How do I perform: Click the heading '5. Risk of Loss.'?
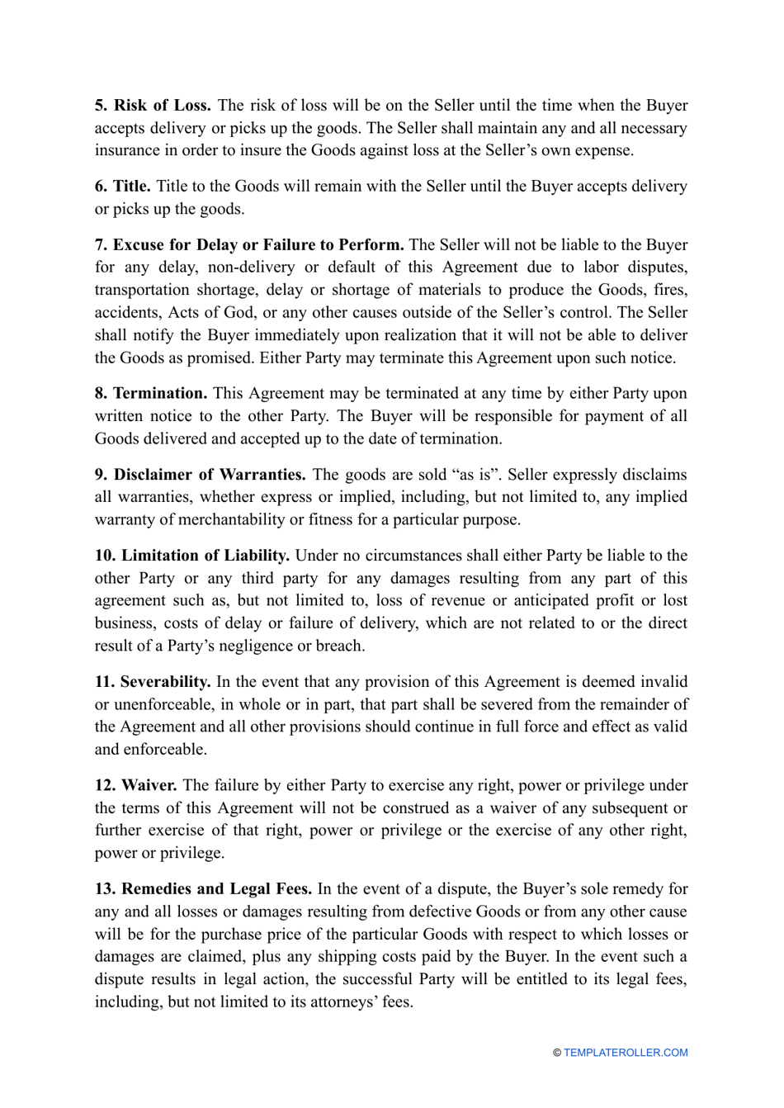pos(153,106)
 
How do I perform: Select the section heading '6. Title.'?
pos(122,187)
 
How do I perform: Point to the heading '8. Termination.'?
pos(151,394)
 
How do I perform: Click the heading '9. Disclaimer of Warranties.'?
pos(200,475)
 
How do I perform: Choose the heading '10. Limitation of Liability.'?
pos(191,556)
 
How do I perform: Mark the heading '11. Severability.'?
pos(153,682)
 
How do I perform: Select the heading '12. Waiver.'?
pos(135,785)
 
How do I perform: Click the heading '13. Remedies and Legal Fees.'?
pos(203,889)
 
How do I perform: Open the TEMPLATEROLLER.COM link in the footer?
pos(625,1053)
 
